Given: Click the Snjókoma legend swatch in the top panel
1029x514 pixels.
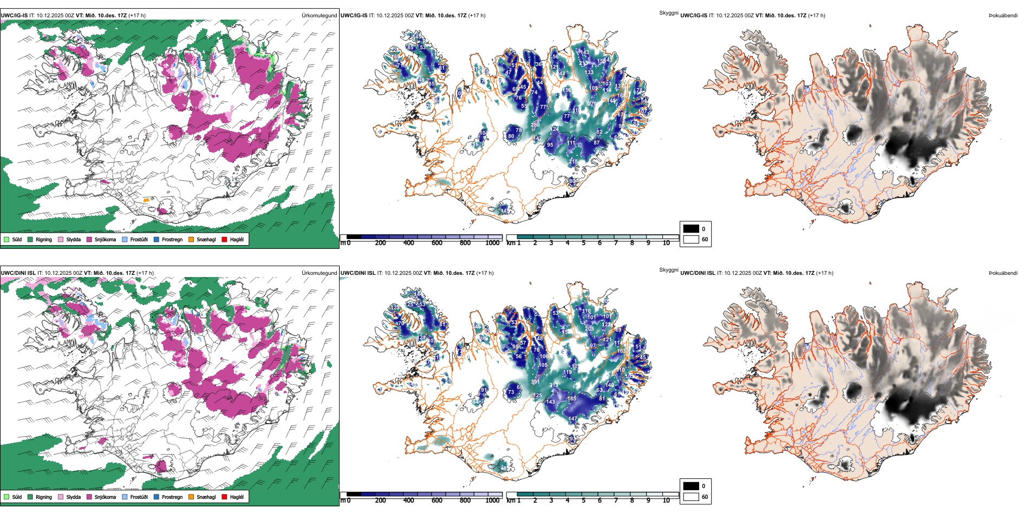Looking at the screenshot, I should (89, 239).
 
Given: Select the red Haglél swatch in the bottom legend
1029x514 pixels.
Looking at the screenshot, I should (224, 497).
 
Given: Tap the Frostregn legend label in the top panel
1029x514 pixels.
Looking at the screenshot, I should (172, 239).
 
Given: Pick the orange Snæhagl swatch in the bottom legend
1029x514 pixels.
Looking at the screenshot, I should (191, 497).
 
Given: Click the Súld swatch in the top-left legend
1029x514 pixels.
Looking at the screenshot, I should (6, 239).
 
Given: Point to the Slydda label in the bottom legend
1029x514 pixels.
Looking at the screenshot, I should (73, 497).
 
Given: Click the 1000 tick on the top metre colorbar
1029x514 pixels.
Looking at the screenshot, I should (492, 243).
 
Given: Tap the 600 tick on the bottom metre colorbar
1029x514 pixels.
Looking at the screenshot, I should (437, 500).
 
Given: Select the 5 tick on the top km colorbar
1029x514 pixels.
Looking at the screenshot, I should (583, 243).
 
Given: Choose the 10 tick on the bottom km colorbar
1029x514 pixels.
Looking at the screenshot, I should (666, 500).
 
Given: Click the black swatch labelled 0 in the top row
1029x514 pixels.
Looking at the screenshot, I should (691, 229).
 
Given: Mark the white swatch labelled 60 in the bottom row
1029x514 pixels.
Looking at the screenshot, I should (691, 497).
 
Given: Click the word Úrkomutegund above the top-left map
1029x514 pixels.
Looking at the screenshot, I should (319, 16).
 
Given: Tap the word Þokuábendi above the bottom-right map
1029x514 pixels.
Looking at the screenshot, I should (1003, 273).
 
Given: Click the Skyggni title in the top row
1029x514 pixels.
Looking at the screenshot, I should (668, 13).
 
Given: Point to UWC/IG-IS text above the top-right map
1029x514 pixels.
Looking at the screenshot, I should (694, 16).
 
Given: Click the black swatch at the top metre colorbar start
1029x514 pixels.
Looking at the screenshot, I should (354, 237).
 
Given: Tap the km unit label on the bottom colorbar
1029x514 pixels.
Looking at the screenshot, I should (510, 500).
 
